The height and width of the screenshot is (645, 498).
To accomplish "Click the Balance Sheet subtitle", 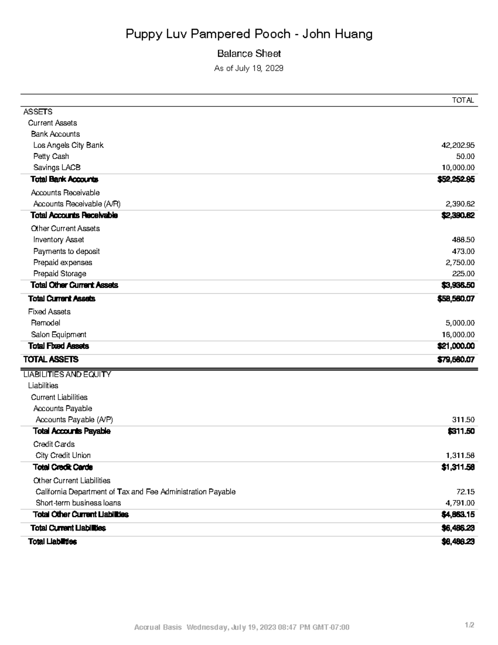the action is pyautogui.click(x=249, y=54).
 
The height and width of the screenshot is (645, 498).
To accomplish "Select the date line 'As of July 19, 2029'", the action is pyautogui.click(x=249, y=68).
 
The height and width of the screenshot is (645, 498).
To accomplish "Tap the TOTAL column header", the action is pyautogui.click(x=463, y=100).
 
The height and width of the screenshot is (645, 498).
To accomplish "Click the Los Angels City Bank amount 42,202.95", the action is pyautogui.click(x=458, y=145).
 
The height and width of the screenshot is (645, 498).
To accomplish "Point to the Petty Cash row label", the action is pyautogui.click(x=51, y=157).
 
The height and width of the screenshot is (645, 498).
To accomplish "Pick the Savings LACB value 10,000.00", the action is pyautogui.click(x=458, y=168).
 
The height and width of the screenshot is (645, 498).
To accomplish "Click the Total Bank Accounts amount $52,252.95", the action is pyautogui.click(x=456, y=179).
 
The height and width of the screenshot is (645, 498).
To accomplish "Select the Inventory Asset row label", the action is pyautogui.click(x=59, y=240).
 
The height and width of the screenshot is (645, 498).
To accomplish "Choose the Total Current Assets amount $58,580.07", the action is pyautogui.click(x=456, y=299).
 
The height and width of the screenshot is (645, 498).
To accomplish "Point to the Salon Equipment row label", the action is pyautogui.click(x=59, y=335).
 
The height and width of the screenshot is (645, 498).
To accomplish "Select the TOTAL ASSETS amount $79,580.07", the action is pyautogui.click(x=456, y=360).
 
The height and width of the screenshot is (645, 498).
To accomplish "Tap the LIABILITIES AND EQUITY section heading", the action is pyautogui.click(x=67, y=375).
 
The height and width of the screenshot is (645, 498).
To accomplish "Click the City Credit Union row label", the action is pyautogui.click(x=63, y=456).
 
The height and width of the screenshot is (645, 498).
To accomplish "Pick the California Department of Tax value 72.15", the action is pyautogui.click(x=465, y=492).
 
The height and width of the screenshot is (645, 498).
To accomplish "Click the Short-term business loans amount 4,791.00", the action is pyautogui.click(x=460, y=503).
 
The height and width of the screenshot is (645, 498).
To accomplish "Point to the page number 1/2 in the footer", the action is pyautogui.click(x=469, y=625).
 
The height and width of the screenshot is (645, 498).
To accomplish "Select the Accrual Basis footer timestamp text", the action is pyautogui.click(x=242, y=627).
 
